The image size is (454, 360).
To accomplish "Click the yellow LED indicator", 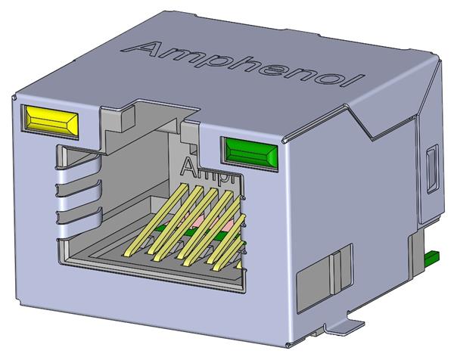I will point(51,120).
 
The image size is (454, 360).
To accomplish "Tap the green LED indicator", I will point(249,151).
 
